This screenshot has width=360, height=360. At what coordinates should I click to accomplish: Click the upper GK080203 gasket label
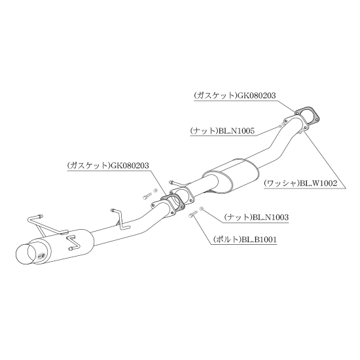pyautogui.click(x=234, y=96)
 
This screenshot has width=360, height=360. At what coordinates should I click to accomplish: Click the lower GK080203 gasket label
pyautogui.click(x=108, y=166)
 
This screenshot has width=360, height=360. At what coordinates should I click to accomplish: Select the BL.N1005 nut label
pyautogui.click(x=223, y=131)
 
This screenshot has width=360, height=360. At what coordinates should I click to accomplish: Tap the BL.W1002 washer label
pyautogui.click(x=300, y=183)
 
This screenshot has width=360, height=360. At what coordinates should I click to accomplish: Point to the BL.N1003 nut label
pyautogui.click(x=256, y=217)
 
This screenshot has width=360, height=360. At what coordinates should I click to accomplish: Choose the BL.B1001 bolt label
pyautogui.click(x=245, y=240)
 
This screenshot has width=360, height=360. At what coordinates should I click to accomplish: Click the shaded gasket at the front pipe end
pyautogui.click(x=307, y=115)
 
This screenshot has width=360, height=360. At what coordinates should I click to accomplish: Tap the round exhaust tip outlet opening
pyautogui.click(x=26, y=255)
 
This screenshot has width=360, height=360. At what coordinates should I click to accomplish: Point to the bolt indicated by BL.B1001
pyautogui.click(x=192, y=215)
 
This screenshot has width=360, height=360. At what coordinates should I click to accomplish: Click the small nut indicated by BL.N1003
pyautogui.click(x=201, y=208)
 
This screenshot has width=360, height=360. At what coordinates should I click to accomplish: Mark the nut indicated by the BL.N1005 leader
pyautogui.click(x=280, y=126)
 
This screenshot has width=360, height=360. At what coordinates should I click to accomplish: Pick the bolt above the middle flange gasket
pyautogui.click(x=147, y=196)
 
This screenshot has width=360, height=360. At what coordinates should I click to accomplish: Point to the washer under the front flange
pyautogui.click(x=302, y=131)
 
